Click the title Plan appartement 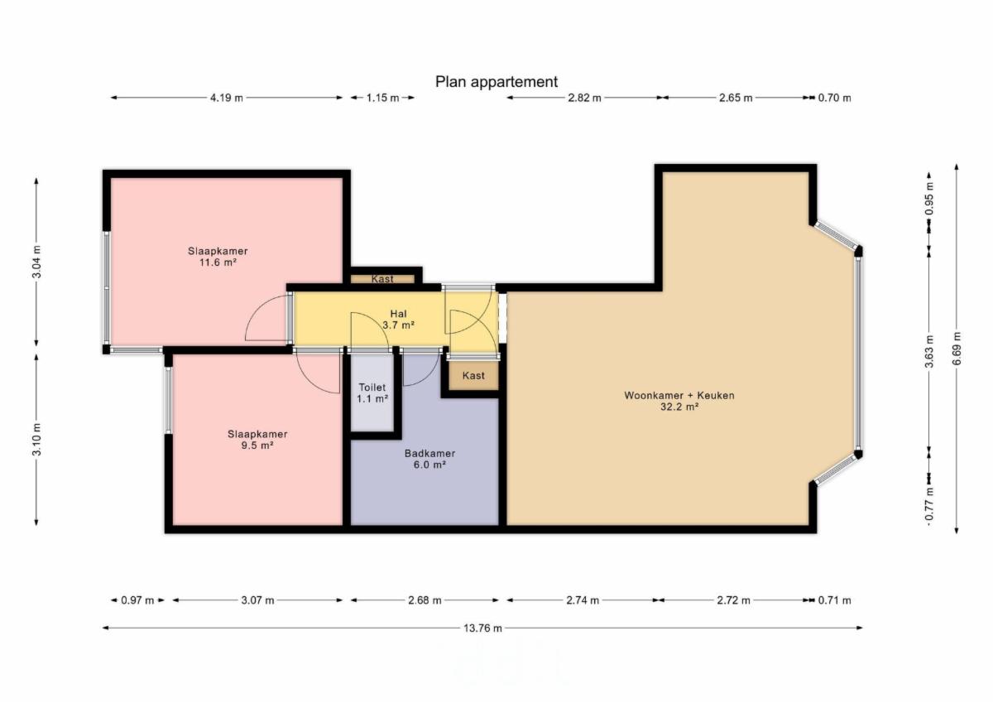pyautogui.click(x=496, y=82)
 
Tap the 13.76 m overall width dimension pyautogui.click(x=482, y=628)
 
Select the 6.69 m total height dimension pyautogui.click(x=957, y=349)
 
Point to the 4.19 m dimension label pyautogui.click(x=227, y=98)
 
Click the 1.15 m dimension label pyautogui.click(x=382, y=98)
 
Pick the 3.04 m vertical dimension pyautogui.click(x=36, y=262)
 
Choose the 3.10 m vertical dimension pyautogui.click(x=36, y=439)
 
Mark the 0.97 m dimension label pyautogui.click(x=137, y=600)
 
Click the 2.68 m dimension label pyautogui.click(x=425, y=600)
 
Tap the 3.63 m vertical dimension pyautogui.click(x=929, y=351)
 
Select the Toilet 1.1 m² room pyautogui.click(x=372, y=393)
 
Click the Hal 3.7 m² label pyautogui.click(x=399, y=320)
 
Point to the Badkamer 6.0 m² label pyautogui.click(x=429, y=459)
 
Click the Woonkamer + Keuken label pyautogui.click(x=679, y=395)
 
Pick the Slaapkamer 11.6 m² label pyautogui.click(x=218, y=257)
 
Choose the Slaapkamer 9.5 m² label pyautogui.click(x=257, y=440)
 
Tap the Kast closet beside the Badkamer pyautogui.click(x=473, y=376)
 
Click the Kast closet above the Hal pyautogui.click(x=382, y=279)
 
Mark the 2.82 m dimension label pyautogui.click(x=584, y=98)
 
